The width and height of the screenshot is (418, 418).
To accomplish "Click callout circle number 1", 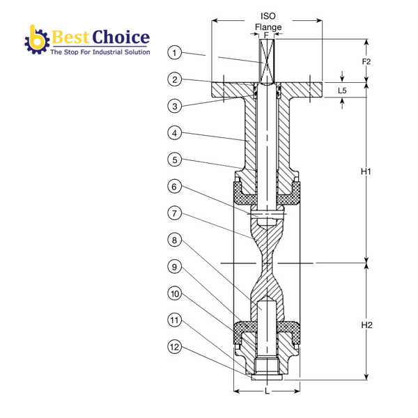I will pyautogui.click(x=176, y=52).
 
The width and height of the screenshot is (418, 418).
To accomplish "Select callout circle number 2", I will pyautogui.click(x=176, y=79).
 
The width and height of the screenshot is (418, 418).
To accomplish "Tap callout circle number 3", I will pyautogui.click(x=176, y=106).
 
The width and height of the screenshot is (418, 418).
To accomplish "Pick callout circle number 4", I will pyautogui.click(x=176, y=132).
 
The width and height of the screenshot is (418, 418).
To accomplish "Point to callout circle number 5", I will pyautogui.click(x=176, y=160).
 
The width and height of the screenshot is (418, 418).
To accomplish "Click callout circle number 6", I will pyautogui.click(x=176, y=186).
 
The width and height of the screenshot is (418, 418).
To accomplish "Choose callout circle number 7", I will pyautogui.click(x=176, y=212).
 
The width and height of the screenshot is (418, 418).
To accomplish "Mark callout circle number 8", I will pyautogui.click(x=176, y=240).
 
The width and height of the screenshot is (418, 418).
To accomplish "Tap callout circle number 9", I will pyautogui.click(x=176, y=266).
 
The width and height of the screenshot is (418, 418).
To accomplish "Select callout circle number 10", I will pyautogui.click(x=176, y=293).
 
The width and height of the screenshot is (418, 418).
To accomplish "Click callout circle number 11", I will pyautogui.click(x=176, y=320).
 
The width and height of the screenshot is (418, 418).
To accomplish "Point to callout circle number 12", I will pyautogui.click(x=176, y=346).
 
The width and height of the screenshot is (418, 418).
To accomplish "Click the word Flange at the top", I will pyautogui.click(x=268, y=28).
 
